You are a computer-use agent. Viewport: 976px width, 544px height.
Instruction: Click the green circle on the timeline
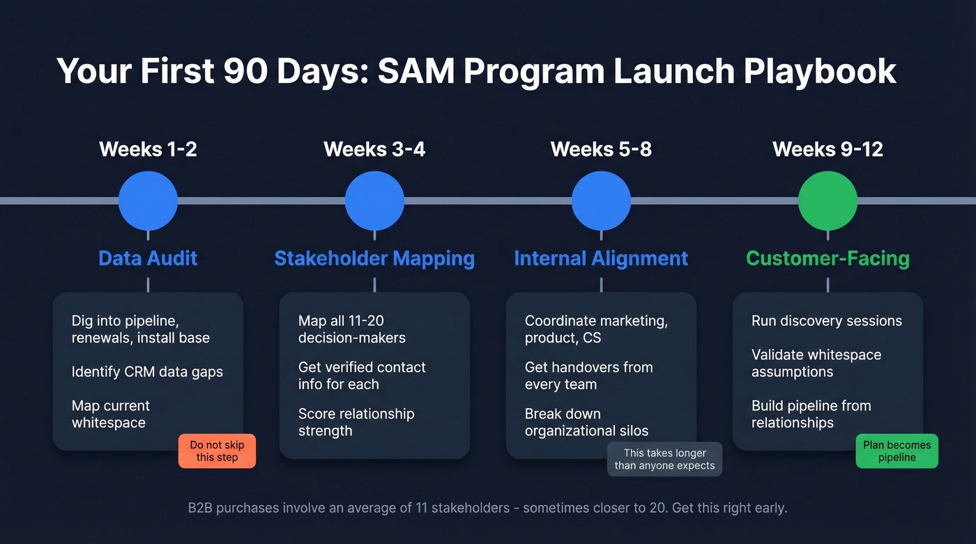click(x=828, y=201)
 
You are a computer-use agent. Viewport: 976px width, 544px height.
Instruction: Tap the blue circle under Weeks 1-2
click(x=148, y=201)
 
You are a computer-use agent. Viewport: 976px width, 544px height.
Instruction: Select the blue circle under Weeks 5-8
click(x=601, y=201)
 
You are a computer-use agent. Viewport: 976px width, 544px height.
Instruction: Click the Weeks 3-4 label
click(x=374, y=149)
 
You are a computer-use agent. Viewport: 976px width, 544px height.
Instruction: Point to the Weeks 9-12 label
click(x=828, y=149)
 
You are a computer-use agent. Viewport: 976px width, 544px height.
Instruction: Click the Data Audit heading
click(x=148, y=258)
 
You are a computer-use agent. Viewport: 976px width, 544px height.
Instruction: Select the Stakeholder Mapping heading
click(x=374, y=258)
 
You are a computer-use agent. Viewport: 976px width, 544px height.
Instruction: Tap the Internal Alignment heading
click(x=601, y=258)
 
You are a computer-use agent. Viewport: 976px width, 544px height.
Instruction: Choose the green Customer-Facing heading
click(x=828, y=258)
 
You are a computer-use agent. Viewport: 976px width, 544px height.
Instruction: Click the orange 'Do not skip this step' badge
click(x=218, y=451)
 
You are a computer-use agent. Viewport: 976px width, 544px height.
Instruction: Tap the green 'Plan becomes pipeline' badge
click(x=897, y=451)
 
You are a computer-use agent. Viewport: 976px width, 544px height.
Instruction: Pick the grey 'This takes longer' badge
click(x=664, y=459)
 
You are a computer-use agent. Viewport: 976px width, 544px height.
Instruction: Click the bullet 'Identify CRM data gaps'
click(x=147, y=372)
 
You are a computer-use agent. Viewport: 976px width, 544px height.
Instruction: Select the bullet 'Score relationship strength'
click(x=356, y=422)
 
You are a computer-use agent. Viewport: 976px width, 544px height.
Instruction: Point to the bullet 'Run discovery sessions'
click(x=826, y=321)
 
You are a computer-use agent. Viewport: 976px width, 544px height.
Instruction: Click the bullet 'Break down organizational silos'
click(x=586, y=422)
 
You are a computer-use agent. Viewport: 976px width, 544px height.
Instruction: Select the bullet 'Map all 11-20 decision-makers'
click(x=351, y=329)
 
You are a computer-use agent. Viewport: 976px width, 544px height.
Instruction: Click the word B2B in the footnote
click(x=200, y=508)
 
